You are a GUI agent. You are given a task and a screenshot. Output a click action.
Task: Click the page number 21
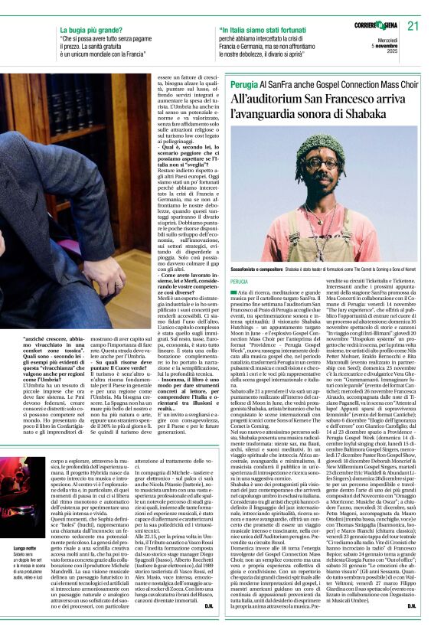tap(414, 25)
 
